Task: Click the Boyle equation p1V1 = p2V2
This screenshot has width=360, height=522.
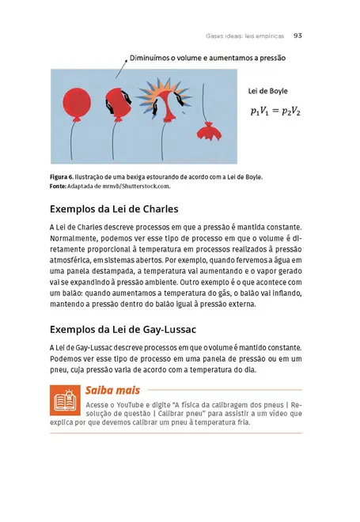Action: [x=275, y=112]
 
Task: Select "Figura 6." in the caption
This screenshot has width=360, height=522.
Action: [x=65, y=177]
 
